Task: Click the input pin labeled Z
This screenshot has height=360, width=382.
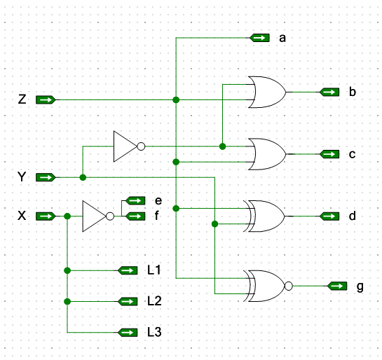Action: click(46, 99)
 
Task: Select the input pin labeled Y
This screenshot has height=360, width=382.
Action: click(46, 177)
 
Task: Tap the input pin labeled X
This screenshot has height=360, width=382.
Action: click(46, 216)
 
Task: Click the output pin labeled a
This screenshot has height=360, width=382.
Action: click(260, 38)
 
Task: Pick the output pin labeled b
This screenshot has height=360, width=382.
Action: click(329, 92)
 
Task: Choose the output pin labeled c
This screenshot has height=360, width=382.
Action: click(329, 154)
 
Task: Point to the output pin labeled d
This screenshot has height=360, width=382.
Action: click(329, 216)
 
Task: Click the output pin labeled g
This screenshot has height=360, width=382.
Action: click(337, 286)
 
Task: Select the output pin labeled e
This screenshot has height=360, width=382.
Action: click(135, 200)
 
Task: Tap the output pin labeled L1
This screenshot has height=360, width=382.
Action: click(128, 270)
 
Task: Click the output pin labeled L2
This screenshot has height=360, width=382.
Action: click(128, 302)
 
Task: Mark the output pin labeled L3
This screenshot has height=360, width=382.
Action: click(128, 333)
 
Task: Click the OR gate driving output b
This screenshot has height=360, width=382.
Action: click(267, 92)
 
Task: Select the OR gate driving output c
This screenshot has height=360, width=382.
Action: click(267, 154)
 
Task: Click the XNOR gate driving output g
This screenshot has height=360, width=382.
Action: click(268, 286)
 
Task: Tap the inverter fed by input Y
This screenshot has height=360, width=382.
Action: click(129, 146)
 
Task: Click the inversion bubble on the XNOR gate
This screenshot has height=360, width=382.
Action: click(289, 286)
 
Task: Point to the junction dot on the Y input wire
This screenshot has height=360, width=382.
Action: click(83, 177)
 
